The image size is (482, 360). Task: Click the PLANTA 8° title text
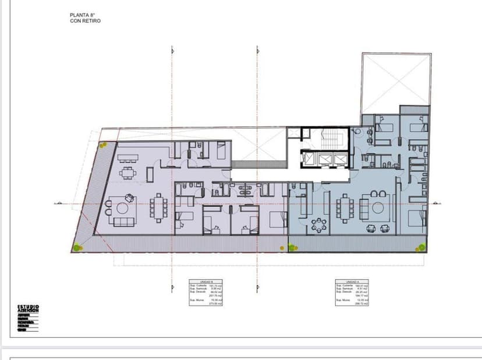click(x=82, y=16)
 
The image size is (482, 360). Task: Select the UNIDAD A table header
click(x=352, y=282)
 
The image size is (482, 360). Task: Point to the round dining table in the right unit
click(x=318, y=224)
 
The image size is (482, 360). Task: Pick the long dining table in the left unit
click(x=159, y=208)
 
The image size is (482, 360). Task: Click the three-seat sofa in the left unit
click(x=123, y=221)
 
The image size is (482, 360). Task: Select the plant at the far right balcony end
click(x=420, y=248)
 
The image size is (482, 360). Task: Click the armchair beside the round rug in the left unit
click(x=108, y=203)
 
